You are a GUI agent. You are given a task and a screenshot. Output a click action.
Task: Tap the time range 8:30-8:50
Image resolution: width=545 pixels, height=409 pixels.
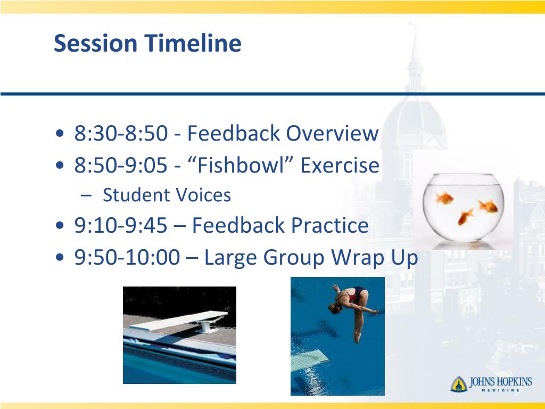pos(121,133)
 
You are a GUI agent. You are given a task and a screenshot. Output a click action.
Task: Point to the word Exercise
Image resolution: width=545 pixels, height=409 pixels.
pos(340,165)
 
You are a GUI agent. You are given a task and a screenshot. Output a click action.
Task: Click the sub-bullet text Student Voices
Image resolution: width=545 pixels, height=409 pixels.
pos(167,195)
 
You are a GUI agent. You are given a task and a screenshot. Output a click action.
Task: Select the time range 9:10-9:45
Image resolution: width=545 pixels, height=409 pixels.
pos(121,225)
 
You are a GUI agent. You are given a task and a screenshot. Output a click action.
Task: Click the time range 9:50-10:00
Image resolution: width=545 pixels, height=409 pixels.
pos(127,257)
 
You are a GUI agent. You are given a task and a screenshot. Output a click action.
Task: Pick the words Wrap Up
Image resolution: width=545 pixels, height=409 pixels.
pos(374,258)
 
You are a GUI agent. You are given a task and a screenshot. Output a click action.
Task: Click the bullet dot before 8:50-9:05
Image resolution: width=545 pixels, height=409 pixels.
pos(60,165)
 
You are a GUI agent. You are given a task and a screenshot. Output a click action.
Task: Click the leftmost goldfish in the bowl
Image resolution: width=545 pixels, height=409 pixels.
pos(444,198)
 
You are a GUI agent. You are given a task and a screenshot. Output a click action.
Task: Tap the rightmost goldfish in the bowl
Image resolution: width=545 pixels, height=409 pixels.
pos(489,206)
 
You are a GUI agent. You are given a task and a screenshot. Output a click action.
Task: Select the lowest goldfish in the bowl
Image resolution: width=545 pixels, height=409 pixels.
pos(465,216)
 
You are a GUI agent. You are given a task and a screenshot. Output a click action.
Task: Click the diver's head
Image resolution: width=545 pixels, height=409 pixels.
pos(334,308)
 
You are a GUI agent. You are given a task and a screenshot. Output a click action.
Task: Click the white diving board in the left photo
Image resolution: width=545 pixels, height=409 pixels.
pos(179,321)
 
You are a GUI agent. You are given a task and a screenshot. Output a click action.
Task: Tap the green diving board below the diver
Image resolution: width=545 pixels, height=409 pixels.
pos(310,360)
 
